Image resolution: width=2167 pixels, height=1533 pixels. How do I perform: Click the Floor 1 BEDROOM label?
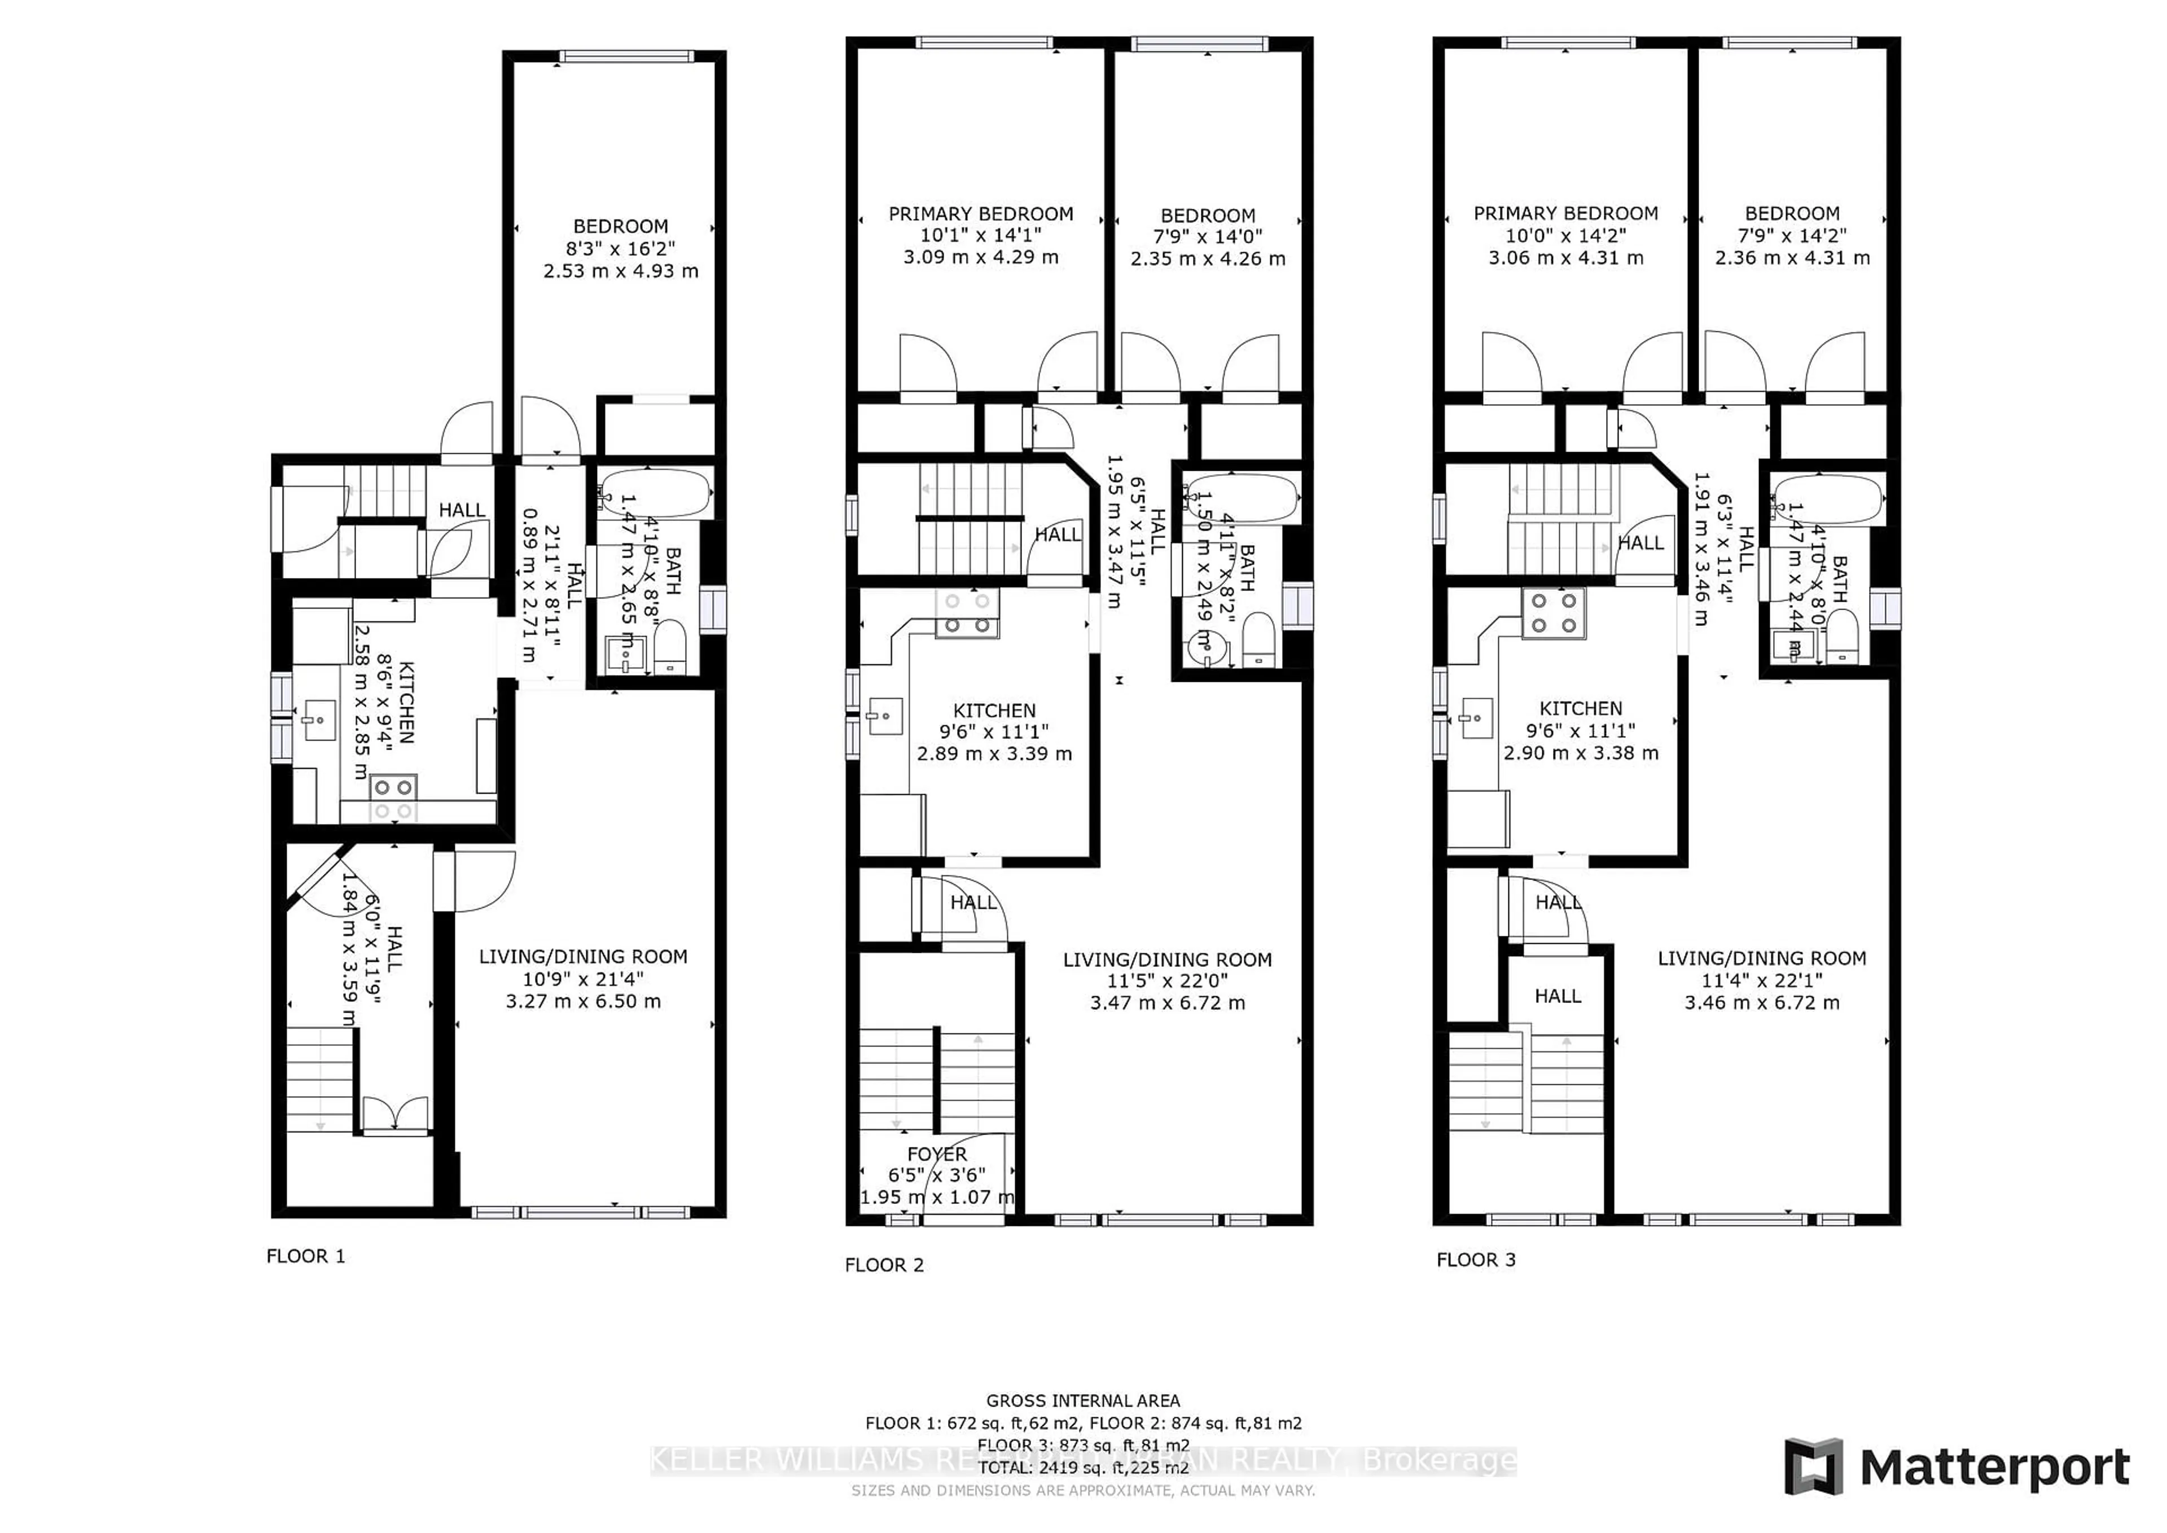[620, 226]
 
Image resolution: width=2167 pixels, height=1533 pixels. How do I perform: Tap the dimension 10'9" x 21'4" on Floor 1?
[582, 979]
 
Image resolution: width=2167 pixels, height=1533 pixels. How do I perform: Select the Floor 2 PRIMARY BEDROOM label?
[981, 214]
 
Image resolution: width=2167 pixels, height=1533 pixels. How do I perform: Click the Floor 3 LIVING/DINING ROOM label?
[1761, 958]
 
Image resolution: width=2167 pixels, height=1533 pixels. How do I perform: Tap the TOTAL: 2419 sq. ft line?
[1082, 1468]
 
